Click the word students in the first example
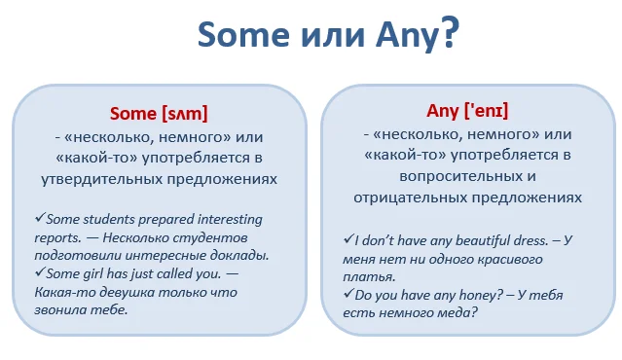point(93,220)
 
